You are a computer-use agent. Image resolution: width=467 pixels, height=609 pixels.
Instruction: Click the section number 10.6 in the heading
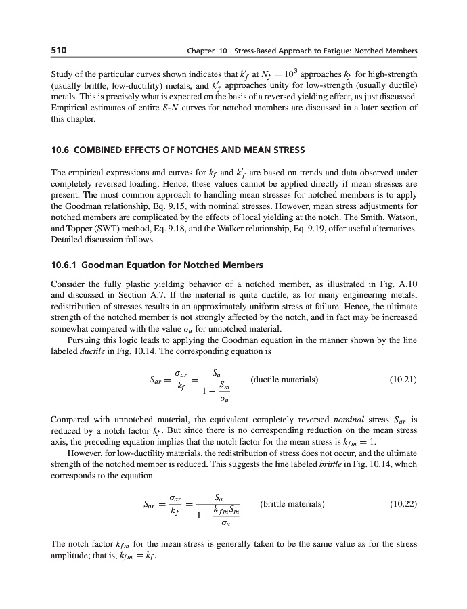point(62,150)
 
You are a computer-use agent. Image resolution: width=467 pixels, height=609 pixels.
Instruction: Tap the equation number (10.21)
point(403,380)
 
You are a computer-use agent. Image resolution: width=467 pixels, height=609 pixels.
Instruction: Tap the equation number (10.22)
point(403,504)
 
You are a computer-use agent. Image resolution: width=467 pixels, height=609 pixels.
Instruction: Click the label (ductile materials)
point(284,380)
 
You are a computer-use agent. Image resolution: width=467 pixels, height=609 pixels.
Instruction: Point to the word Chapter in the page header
point(202,51)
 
